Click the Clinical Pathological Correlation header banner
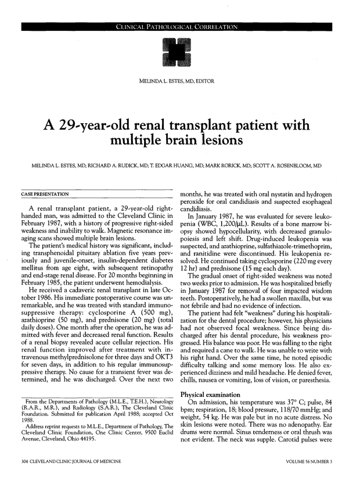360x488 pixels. coord(180,27)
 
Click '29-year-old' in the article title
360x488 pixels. coord(107,125)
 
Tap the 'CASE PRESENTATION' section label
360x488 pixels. coord(44,193)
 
